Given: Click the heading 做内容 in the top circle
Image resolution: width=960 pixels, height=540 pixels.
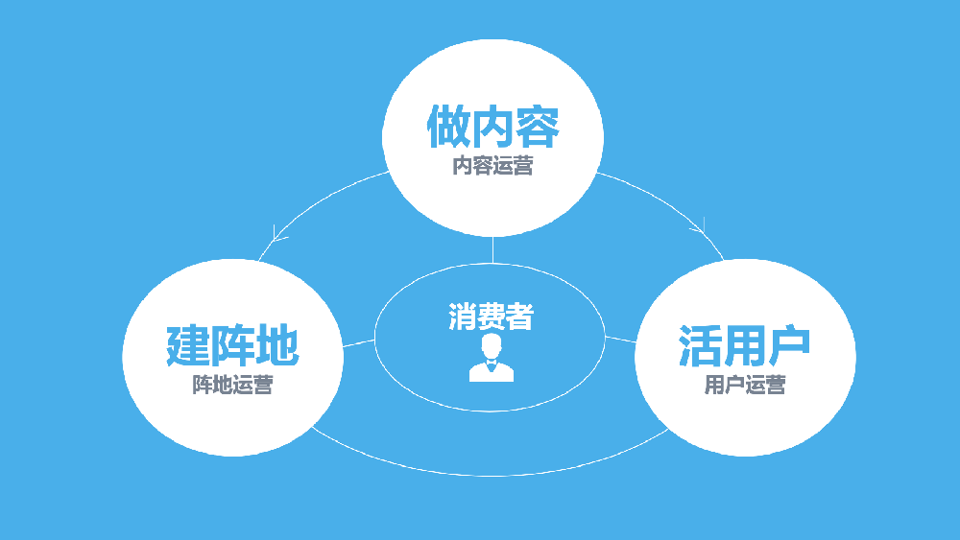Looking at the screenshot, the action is point(492,127).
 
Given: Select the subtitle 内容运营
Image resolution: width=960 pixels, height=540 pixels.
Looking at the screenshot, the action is point(492,166).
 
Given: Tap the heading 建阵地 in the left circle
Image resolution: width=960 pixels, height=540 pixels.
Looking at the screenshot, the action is point(232,345).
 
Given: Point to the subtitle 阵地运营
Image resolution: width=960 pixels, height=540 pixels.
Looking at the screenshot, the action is point(232,385).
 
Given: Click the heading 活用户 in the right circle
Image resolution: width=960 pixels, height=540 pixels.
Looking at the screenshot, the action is point(745,345).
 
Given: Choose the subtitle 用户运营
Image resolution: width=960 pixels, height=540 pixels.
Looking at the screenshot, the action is point(745,385).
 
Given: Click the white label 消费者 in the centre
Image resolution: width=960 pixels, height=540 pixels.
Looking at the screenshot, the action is point(491,317).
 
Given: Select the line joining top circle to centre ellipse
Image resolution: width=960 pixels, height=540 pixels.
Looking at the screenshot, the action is point(492,250).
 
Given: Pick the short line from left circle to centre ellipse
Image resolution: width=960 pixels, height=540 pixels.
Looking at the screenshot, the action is point(359,343).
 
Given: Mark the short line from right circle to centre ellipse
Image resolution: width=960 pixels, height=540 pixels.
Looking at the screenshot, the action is point(620,339).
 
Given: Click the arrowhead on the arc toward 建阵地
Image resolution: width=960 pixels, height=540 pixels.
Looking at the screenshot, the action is point(278,234).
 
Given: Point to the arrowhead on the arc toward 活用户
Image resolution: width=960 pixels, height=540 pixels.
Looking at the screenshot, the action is point(699,227).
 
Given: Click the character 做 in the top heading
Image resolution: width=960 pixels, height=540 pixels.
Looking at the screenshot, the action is point(448,127).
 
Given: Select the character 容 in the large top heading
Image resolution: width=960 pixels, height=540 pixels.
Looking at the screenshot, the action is point(538,127).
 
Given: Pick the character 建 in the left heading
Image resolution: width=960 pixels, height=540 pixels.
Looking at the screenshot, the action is point(188,345).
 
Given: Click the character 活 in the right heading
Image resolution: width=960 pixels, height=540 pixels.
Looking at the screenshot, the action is point(701,345).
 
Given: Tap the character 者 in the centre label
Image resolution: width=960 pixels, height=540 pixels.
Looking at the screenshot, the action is point(519,317).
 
